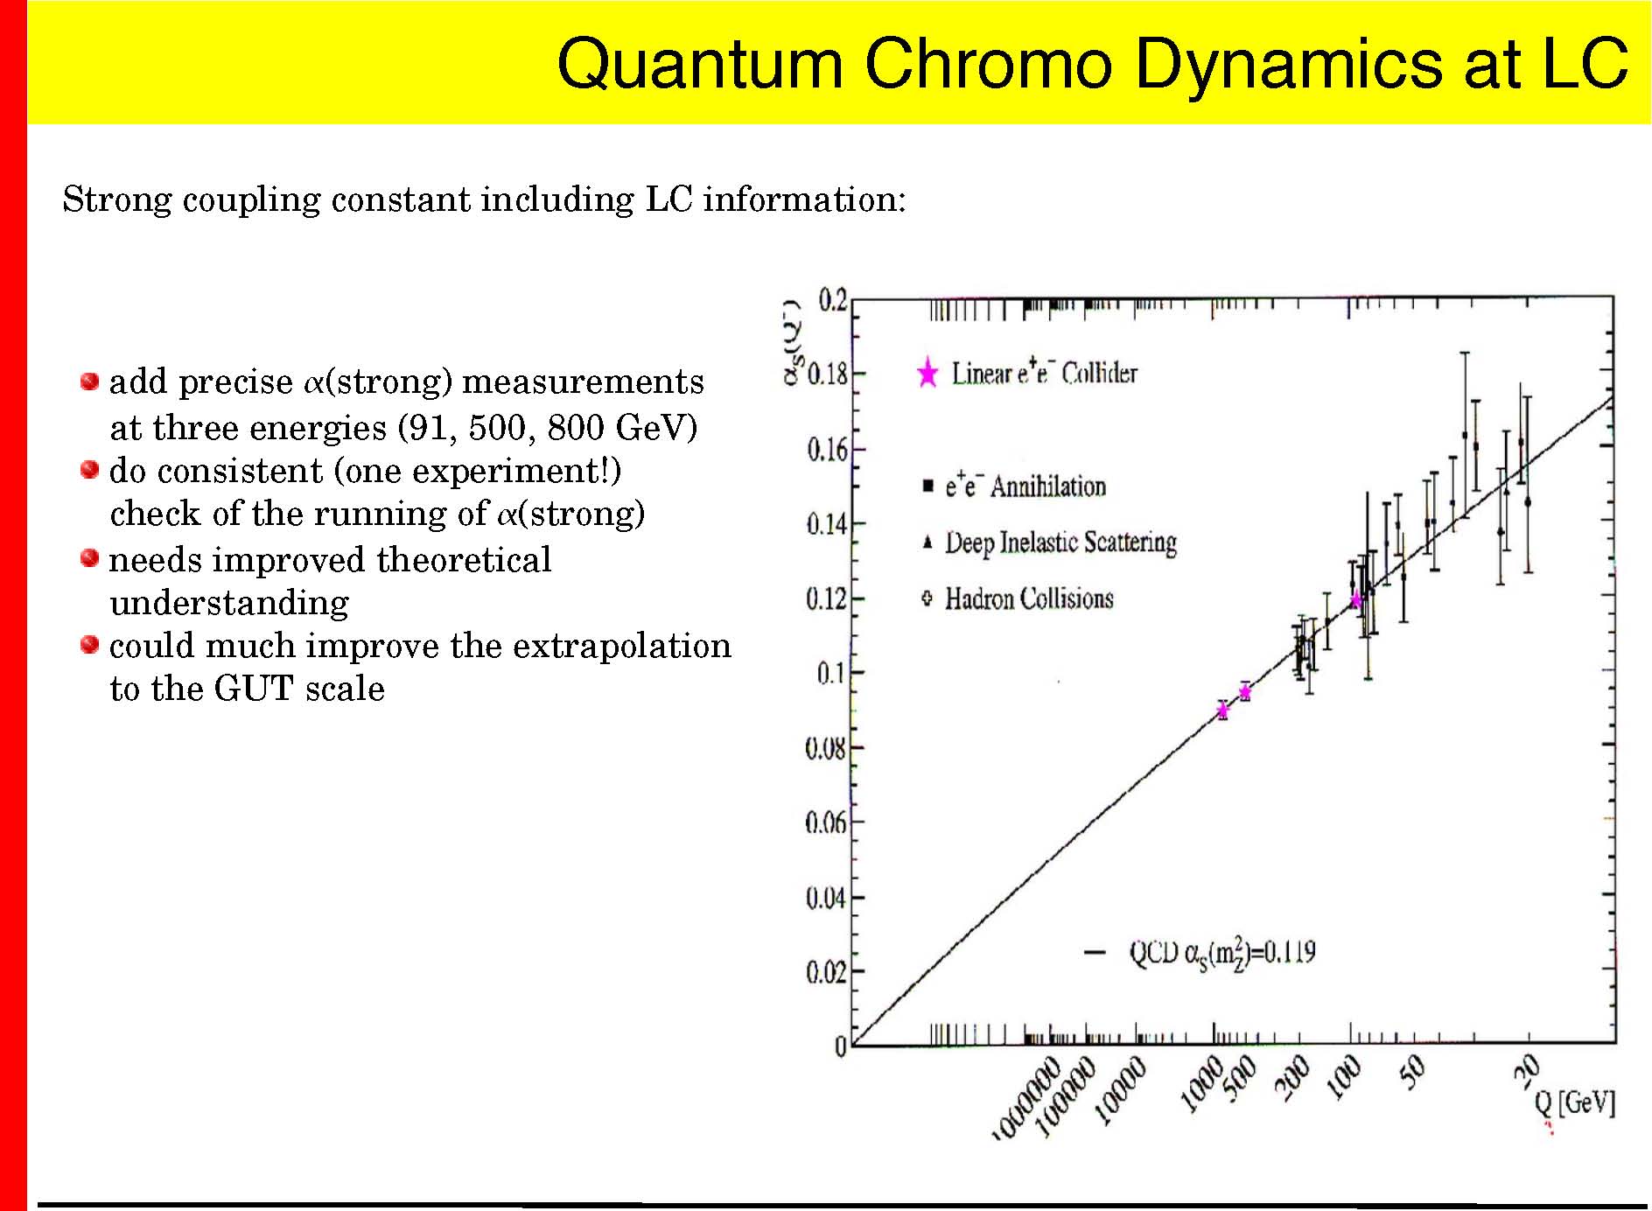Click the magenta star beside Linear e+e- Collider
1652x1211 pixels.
point(927,374)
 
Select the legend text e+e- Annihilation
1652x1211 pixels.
point(1025,486)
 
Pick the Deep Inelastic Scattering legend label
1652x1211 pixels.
point(1060,542)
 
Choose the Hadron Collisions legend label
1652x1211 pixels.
point(1029,599)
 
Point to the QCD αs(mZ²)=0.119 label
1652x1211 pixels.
point(1221,953)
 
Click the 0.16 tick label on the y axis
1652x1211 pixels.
point(826,451)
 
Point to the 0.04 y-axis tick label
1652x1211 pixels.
point(826,899)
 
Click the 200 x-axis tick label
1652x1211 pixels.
point(1291,1077)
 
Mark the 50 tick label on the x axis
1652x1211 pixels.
point(1412,1072)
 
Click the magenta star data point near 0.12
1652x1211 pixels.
point(1355,601)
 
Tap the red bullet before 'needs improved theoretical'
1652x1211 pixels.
point(89,558)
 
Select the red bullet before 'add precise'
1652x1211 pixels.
point(89,381)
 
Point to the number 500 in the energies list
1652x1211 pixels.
point(497,428)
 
